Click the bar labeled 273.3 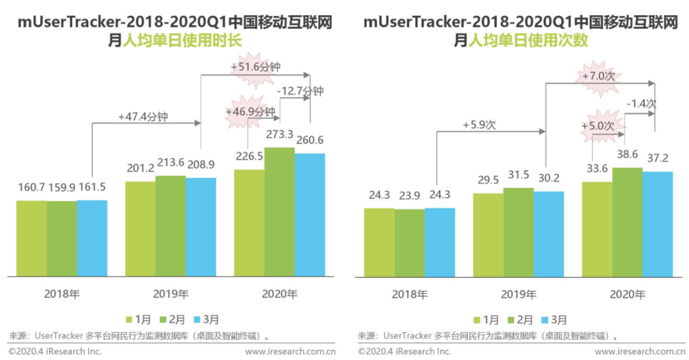point(280,212)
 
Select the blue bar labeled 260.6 point(309,214)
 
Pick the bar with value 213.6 point(170,226)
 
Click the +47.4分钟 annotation point(143,116)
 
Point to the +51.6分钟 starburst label point(255,67)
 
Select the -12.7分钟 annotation point(300,91)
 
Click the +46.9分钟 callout point(250,112)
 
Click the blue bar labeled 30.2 point(548,233)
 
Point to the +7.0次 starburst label point(598,76)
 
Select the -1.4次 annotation point(641,104)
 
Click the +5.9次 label point(479,125)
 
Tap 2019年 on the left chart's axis point(170,294)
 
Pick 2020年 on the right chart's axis point(627,294)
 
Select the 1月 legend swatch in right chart point(477,320)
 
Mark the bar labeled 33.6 point(597,229)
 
